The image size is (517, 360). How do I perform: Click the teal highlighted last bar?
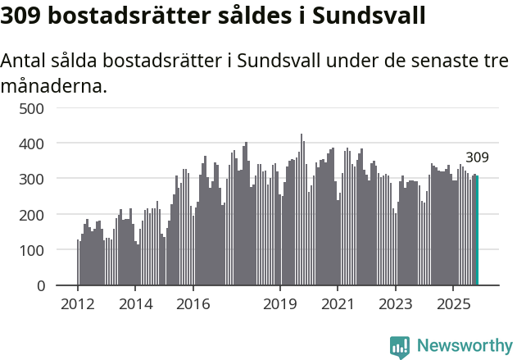(x=477, y=230)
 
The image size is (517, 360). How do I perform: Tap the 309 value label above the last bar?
(x=477, y=157)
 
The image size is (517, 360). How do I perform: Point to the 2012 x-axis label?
(x=78, y=303)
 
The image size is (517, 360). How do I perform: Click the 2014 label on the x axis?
(x=135, y=303)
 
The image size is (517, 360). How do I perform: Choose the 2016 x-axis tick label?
(x=193, y=303)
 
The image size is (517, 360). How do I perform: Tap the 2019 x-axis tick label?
(x=280, y=303)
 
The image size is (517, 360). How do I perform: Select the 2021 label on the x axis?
(x=338, y=303)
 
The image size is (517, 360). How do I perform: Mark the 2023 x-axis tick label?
(x=396, y=303)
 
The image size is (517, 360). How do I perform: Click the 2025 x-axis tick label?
(x=453, y=303)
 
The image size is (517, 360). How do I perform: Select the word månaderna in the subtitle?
(x=53, y=85)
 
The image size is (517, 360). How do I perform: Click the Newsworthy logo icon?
(x=400, y=347)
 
